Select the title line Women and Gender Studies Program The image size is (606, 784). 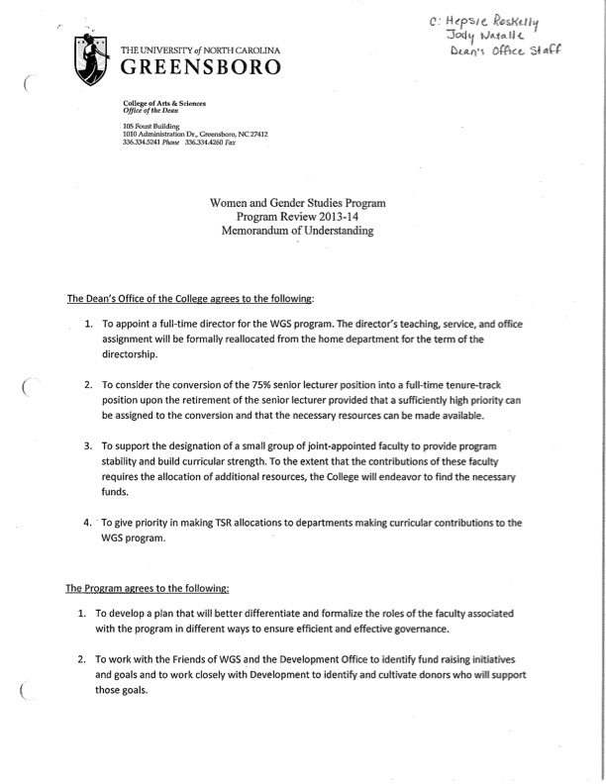[297, 201]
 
